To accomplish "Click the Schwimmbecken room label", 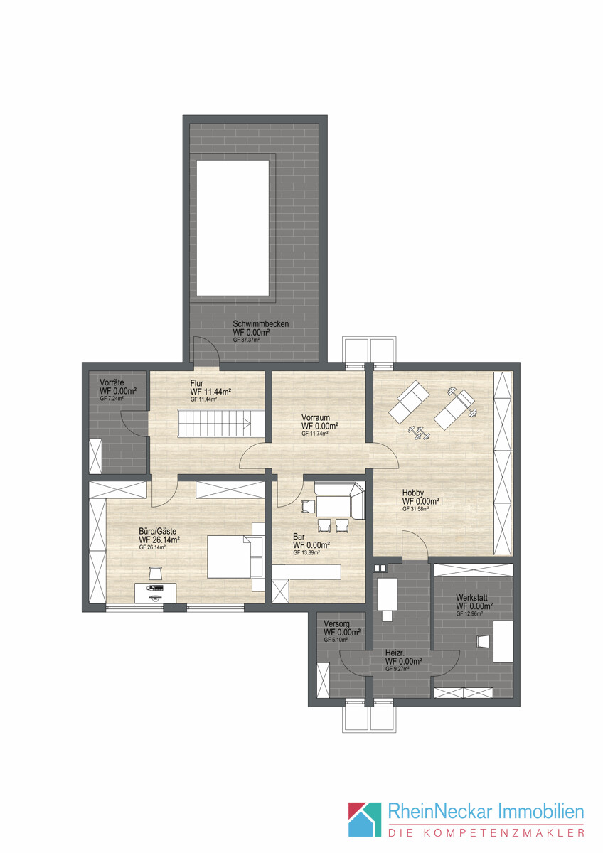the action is pos(260,324).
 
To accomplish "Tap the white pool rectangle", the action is pos(233,228).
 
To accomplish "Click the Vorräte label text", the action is pos(112,382).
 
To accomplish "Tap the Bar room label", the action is pos(299,537).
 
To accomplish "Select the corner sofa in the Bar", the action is pos(340,500).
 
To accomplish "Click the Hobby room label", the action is pos(413,493).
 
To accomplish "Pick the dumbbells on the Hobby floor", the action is pos(419,434).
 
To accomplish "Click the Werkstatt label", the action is pos(471,598).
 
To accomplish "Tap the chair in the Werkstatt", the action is pos(484,641).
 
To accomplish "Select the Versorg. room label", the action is pos(338,624).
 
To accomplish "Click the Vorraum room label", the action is pos(316,417).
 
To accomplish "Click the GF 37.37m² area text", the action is pos(247,340).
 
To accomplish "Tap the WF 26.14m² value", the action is pos(159,540).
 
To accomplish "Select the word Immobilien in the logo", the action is pos(541,812).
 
